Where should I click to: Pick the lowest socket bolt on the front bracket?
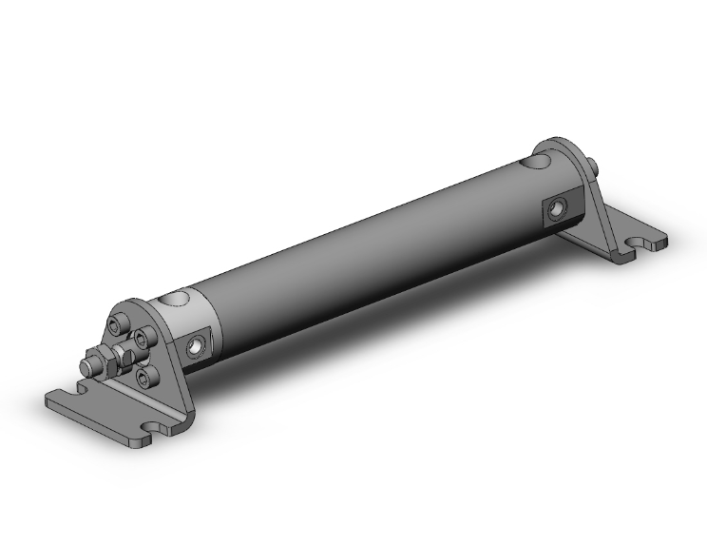(144, 378)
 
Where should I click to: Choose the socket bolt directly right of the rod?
(143, 339)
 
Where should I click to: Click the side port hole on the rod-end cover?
(197, 345)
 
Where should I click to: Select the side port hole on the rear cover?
(557, 210)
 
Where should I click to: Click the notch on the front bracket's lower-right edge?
(153, 428)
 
